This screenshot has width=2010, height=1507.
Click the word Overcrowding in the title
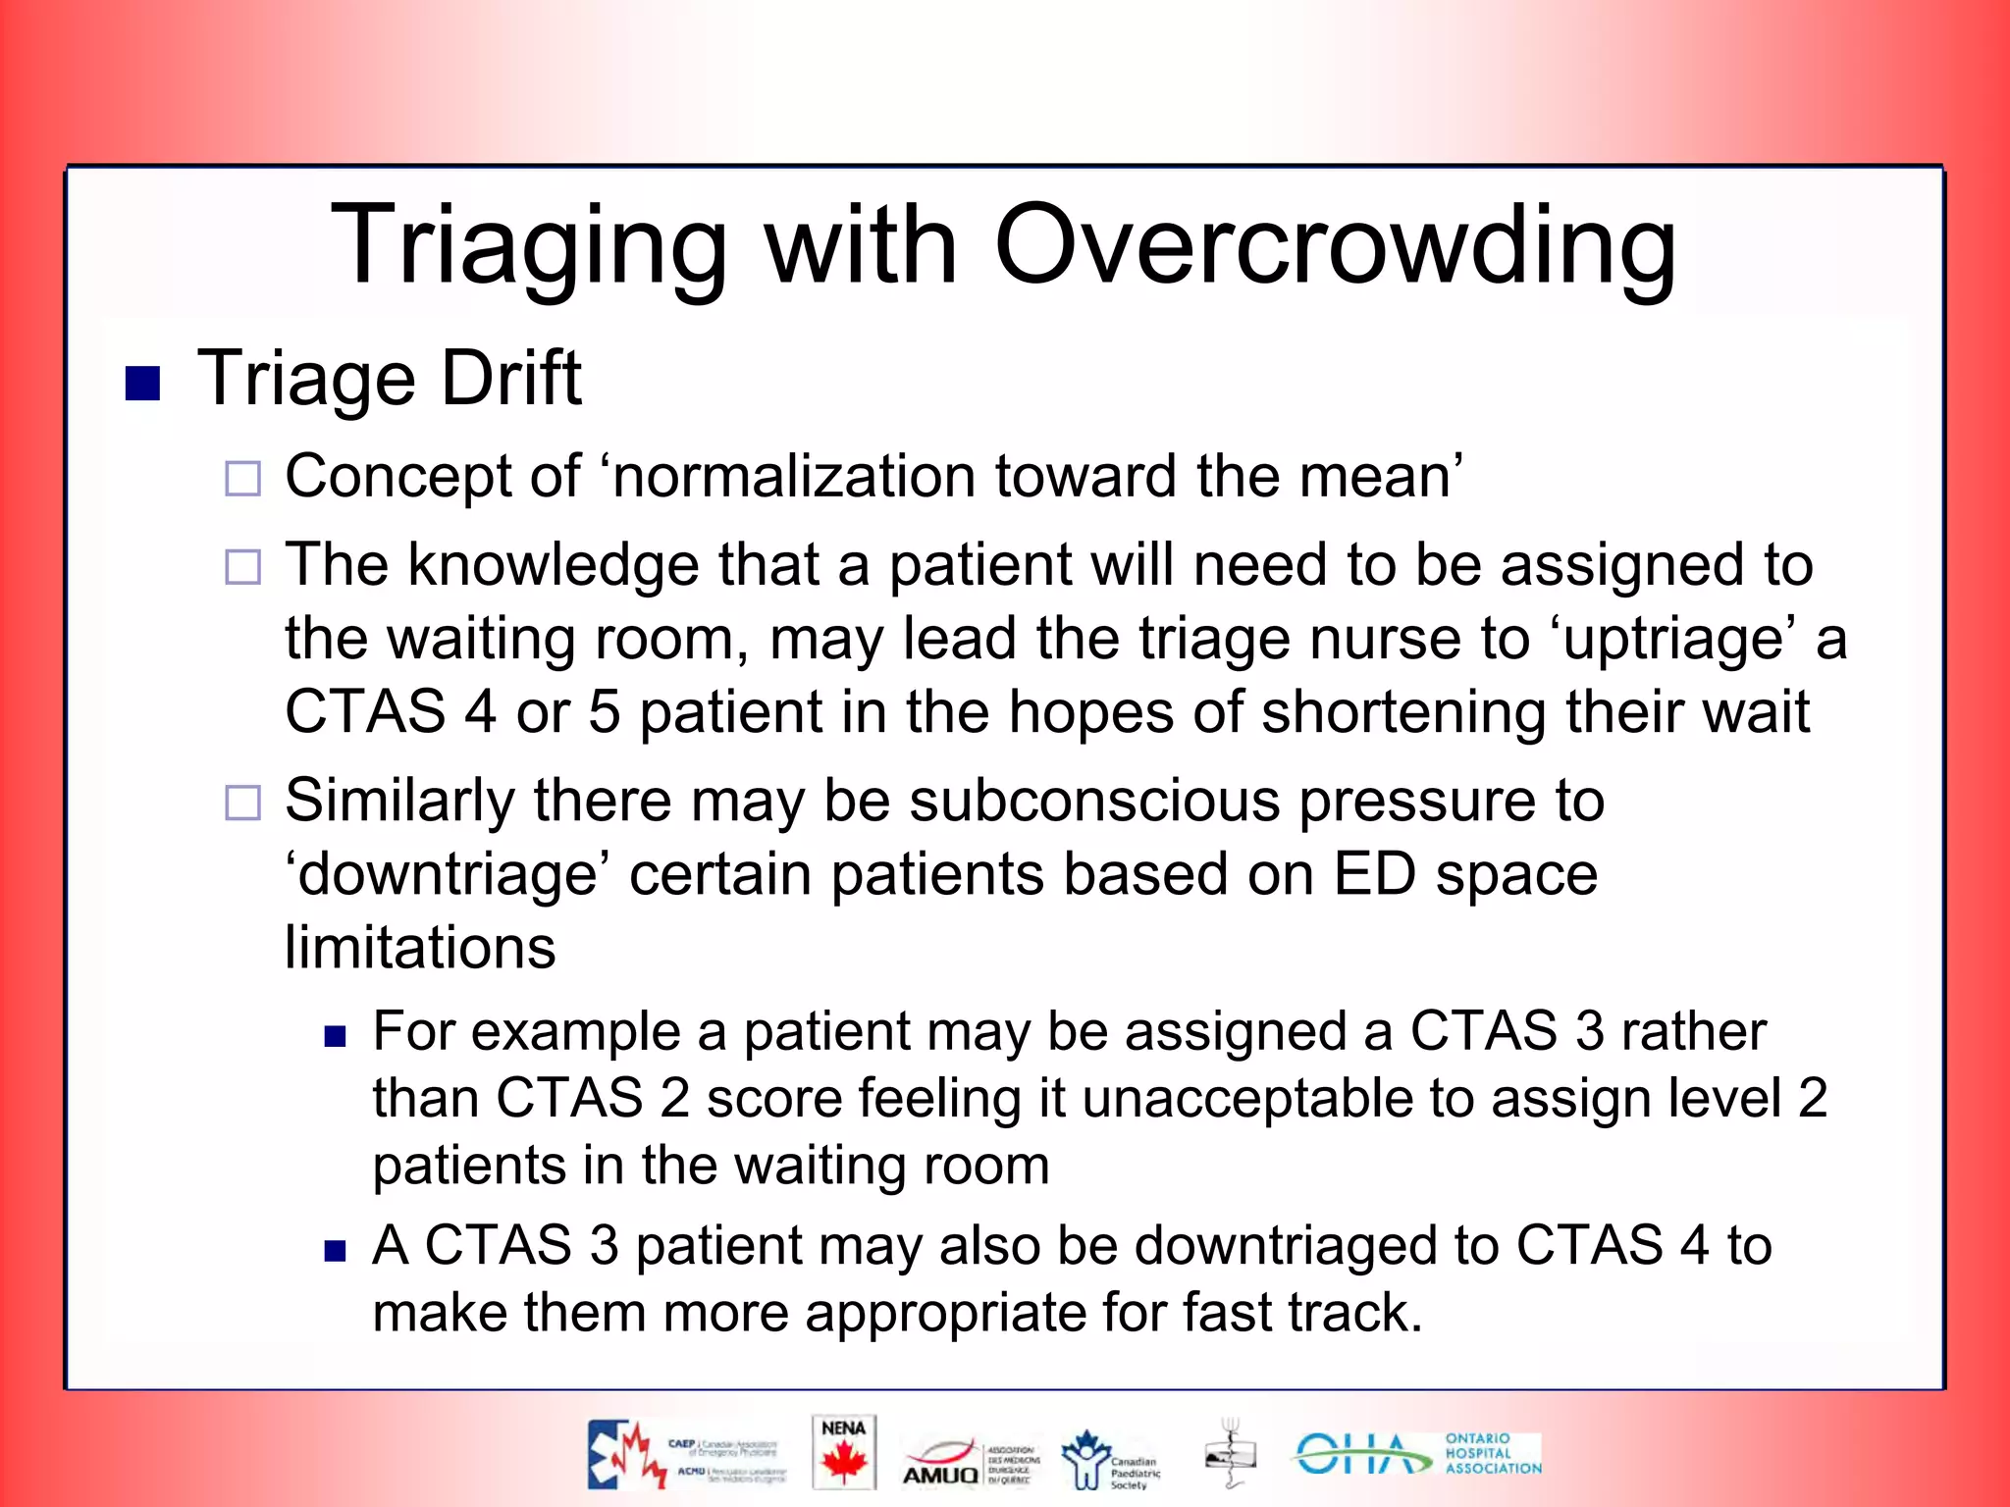click(1335, 245)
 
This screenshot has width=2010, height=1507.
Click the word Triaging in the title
click(530, 245)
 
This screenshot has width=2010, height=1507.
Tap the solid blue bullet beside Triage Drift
click(143, 384)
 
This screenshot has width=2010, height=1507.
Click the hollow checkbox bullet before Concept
click(242, 479)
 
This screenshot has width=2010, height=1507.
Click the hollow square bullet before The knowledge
click(242, 567)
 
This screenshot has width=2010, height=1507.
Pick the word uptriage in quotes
click(1673, 639)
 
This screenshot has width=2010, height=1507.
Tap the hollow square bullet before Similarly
click(242, 803)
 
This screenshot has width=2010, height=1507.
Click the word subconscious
click(1094, 801)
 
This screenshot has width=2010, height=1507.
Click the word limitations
click(420, 948)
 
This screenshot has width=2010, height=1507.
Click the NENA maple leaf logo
click(844, 1454)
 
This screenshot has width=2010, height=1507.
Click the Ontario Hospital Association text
click(1492, 1453)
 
